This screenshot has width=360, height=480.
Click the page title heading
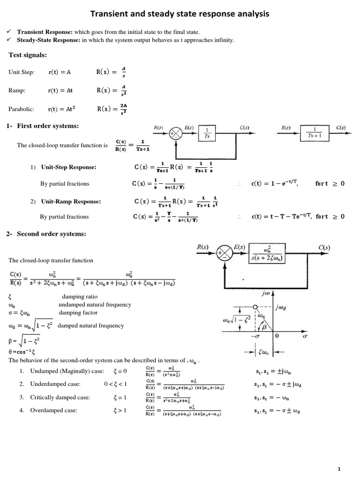tap(180, 15)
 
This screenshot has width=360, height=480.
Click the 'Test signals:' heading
tap(28, 55)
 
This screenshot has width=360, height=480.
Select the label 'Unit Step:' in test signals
tap(22, 72)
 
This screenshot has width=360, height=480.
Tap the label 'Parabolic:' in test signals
tap(22, 109)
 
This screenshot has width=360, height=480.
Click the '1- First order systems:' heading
tap(43, 126)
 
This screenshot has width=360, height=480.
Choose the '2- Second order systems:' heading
tap(47, 234)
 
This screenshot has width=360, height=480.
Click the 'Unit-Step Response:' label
tap(69, 167)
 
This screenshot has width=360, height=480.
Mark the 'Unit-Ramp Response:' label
tap(71, 201)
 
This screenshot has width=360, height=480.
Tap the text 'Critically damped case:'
tap(60, 397)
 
